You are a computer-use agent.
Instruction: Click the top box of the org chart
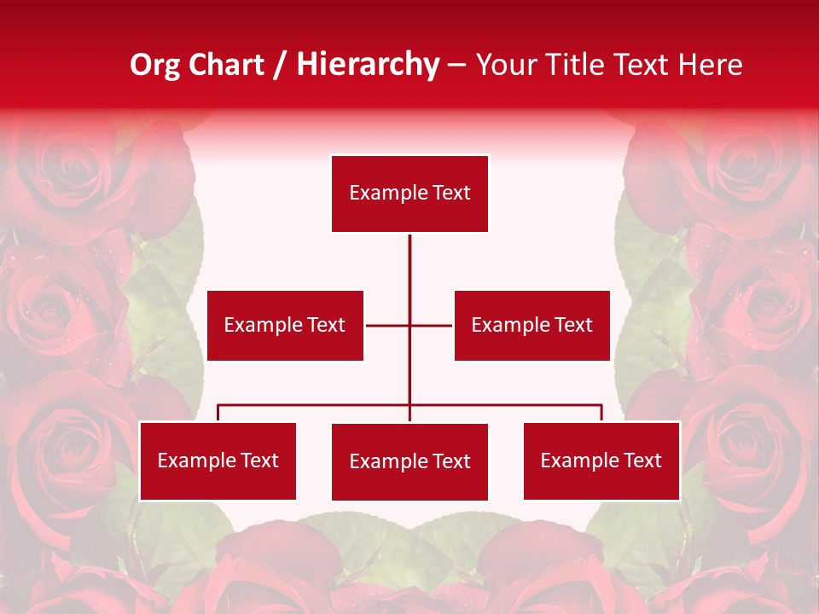409,194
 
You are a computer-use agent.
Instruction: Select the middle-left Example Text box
285,325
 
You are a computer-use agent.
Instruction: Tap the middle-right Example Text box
531,325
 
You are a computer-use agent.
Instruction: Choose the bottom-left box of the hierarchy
218,460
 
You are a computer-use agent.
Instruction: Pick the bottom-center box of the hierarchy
409,461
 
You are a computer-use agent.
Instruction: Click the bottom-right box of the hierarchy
601,460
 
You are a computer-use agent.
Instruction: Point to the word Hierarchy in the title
368,65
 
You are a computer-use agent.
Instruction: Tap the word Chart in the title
226,65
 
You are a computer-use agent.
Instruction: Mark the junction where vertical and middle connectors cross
409,325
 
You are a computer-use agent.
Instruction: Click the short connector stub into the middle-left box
380,325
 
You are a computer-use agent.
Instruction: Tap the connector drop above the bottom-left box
218,413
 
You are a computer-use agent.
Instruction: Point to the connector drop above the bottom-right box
601,413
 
